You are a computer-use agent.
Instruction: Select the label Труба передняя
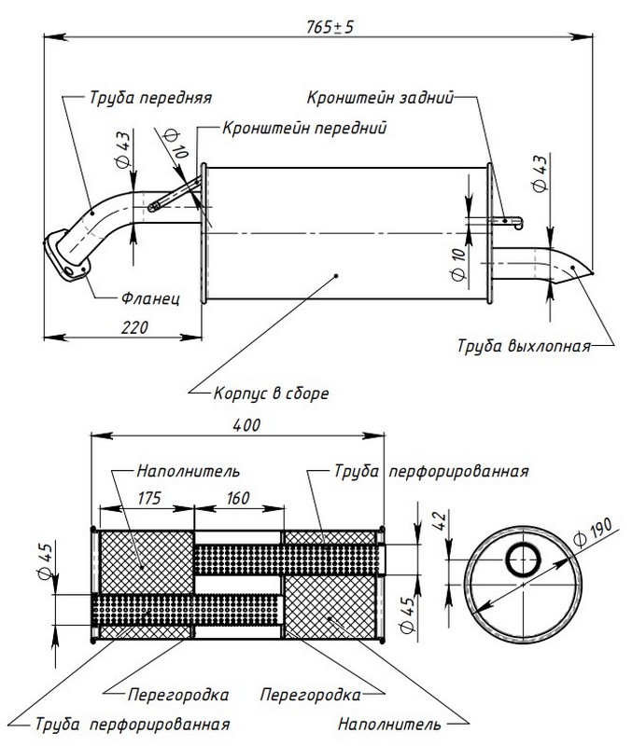pyautogui.click(x=151, y=96)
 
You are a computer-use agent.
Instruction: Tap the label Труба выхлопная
pyautogui.click(x=524, y=346)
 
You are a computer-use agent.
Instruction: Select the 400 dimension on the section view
pyautogui.click(x=246, y=424)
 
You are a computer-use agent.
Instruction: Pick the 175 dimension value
pyautogui.click(x=147, y=499)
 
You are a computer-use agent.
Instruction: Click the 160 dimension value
pyautogui.click(x=237, y=499)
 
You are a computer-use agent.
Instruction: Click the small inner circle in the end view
pyautogui.click(x=521, y=560)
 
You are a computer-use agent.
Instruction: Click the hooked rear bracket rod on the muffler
pyautogui.click(x=504, y=221)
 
